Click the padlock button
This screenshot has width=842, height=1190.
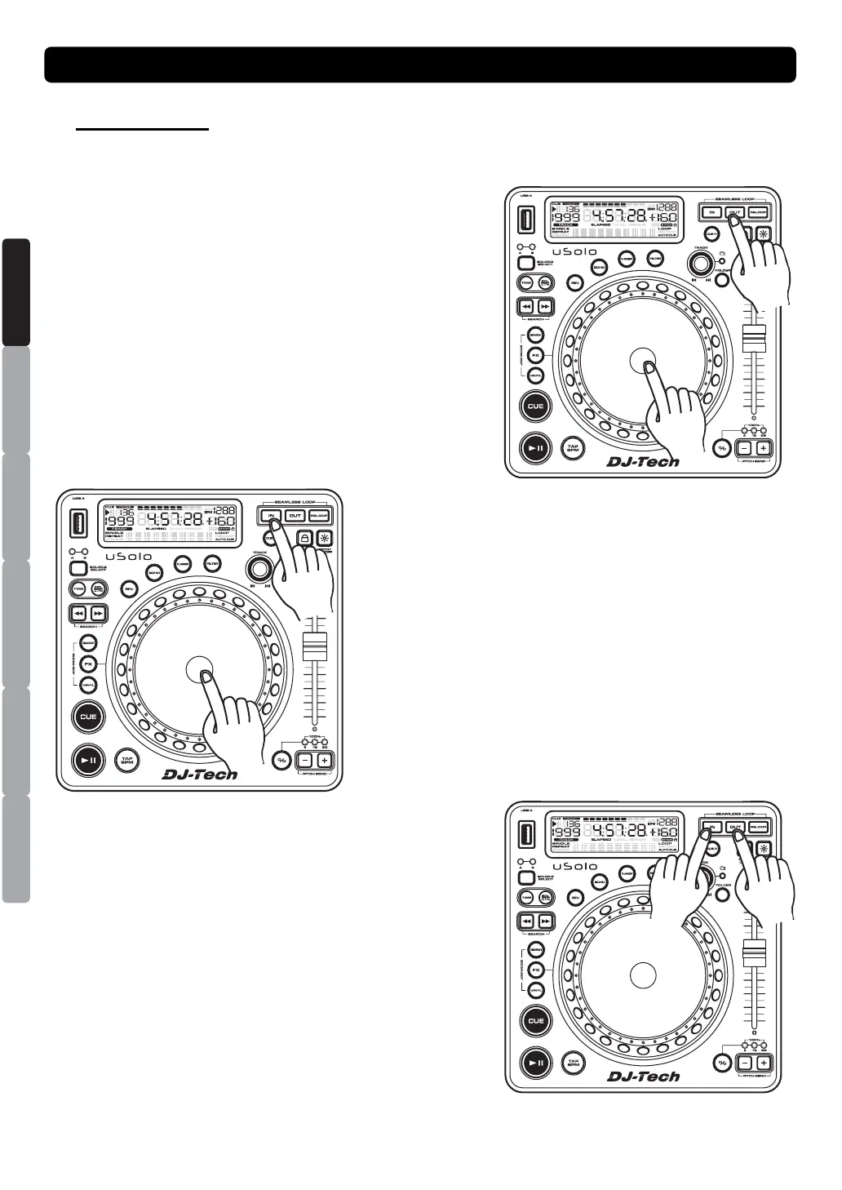[x=304, y=539]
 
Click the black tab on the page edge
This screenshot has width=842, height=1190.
[x=16, y=292]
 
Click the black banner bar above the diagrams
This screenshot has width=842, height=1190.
[x=420, y=64]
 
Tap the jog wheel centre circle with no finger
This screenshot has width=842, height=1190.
[x=643, y=975]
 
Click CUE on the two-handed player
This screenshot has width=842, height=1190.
[x=535, y=1020]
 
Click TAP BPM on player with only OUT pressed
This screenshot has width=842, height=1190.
[x=573, y=447]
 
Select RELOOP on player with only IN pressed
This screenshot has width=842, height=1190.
[x=318, y=516]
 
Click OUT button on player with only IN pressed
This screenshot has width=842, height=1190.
[x=295, y=516]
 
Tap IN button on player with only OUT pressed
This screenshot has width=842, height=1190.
[x=711, y=212]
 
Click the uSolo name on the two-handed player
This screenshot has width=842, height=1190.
[x=574, y=867]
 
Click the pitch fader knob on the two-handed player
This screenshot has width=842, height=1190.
[x=754, y=952]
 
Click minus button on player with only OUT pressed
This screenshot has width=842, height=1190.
[x=744, y=1063]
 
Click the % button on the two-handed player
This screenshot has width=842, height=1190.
[x=721, y=1063]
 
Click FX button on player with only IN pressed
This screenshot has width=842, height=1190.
[x=88, y=664]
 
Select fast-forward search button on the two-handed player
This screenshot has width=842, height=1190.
[x=546, y=920]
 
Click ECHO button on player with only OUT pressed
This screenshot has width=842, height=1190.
[x=599, y=267]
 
